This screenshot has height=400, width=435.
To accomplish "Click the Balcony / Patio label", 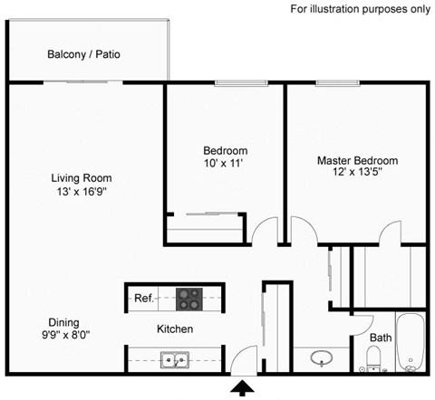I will pyautogui.click(x=83, y=54).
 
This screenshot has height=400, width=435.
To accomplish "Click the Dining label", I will pyautogui.click(x=63, y=322).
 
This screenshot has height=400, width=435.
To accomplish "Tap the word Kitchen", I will pyautogui.click(x=175, y=329).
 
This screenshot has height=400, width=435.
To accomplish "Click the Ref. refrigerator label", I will pyautogui.click(x=143, y=297).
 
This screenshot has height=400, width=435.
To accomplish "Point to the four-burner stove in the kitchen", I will pyautogui.click(x=188, y=297).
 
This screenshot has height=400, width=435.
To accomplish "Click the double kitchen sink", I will pyautogui.click(x=174, y=361).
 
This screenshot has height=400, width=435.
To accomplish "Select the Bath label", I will pyautogui.click(x=381, y=338).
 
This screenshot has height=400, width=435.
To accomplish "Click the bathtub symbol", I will pyautogui.click(x=411, y=344).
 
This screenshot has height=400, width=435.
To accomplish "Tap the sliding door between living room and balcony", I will pyautogui.click(x=83, y=82).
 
